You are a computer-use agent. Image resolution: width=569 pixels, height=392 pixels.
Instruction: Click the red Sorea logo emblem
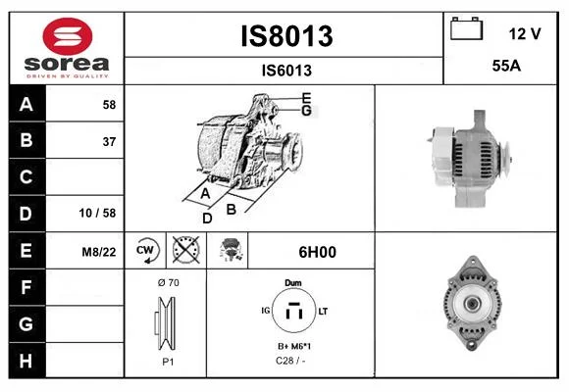(68, 36)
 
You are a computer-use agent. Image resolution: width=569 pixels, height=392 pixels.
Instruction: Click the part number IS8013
(286, 36)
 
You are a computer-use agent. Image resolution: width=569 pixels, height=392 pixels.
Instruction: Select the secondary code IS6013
(286, 71)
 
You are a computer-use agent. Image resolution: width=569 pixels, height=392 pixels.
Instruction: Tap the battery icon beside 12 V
(466, 28)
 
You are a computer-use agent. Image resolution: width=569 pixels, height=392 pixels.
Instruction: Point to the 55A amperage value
(506, 66)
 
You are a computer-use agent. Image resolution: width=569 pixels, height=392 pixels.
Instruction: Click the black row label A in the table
(26, 104)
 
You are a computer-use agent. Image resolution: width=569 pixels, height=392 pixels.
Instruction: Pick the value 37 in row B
(109, 141)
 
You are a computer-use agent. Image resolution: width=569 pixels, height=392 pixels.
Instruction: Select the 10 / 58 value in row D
(97, 213)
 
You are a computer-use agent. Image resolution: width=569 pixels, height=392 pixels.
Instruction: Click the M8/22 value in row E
(99, 252)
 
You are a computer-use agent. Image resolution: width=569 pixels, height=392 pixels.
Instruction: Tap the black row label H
(26, 361)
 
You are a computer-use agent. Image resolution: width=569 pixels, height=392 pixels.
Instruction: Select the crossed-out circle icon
(186, 250)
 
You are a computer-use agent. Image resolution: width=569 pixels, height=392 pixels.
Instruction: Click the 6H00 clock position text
(318, 252)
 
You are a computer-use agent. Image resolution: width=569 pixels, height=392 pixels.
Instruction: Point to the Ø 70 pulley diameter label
(169, 282)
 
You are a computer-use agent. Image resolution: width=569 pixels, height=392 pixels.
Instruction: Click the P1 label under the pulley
(168, 362)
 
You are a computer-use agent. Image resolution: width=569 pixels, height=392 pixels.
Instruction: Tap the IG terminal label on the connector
(266, 311)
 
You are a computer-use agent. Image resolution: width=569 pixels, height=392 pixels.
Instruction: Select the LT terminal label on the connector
(323, 311)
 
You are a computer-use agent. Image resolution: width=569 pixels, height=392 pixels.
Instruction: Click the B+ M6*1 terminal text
(294, 346)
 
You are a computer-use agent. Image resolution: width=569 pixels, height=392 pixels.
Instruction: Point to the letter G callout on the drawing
(306, 110)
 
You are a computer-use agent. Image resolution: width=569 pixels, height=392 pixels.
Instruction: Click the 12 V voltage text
(525, 33)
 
